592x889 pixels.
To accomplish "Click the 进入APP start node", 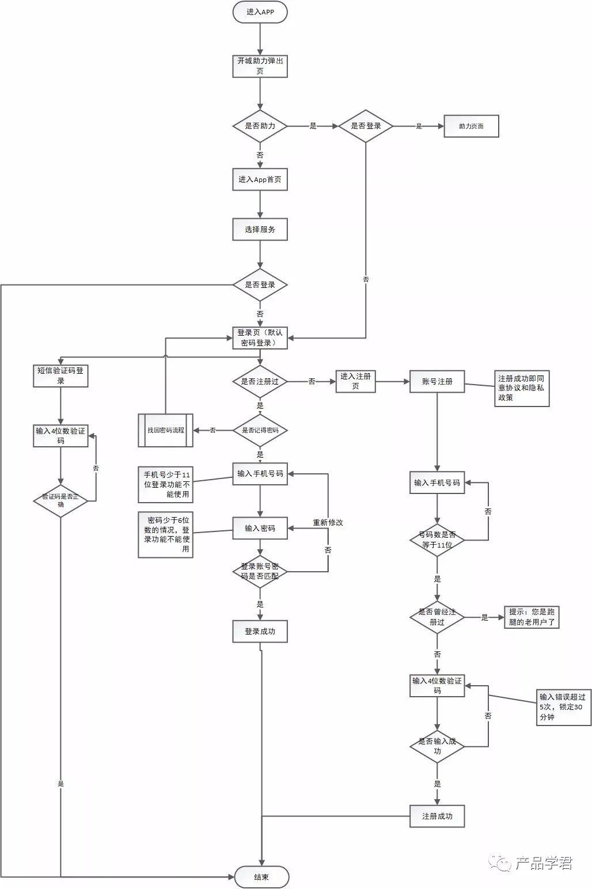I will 260,12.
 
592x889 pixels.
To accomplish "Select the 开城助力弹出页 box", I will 260,66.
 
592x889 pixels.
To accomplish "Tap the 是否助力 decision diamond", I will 260,126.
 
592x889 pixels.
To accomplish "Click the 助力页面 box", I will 471,126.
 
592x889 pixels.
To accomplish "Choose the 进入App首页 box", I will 260,180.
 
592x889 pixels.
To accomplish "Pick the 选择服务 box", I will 260,229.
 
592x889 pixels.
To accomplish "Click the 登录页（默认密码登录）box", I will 260,337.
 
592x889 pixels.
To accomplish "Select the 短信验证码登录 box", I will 60,375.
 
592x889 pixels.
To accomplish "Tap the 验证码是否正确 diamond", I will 60,500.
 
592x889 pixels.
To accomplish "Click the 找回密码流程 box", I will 166,430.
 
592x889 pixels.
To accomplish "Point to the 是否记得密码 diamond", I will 260,430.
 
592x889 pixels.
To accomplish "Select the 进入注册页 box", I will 355,381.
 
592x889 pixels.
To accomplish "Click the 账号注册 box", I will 437,381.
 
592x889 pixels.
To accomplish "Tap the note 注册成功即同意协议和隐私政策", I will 522,388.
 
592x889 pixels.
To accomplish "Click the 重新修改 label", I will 328,523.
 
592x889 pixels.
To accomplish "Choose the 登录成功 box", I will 260,631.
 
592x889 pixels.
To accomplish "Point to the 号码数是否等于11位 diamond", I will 437,540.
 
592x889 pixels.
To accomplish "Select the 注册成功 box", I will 437,816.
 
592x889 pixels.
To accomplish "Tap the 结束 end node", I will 261,877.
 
